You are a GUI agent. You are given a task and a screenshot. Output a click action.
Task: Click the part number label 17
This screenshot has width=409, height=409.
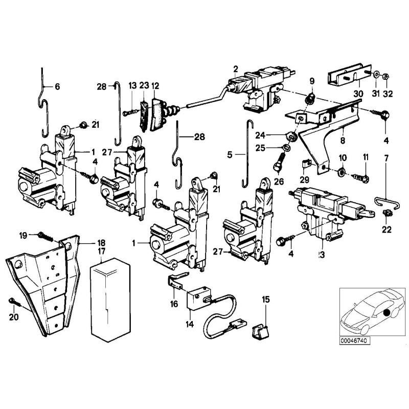tap(102, 251)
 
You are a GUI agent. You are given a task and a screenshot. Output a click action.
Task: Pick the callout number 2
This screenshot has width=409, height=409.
tap(235, 69)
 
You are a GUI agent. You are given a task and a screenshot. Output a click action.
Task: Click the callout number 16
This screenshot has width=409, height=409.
tap(175, 304)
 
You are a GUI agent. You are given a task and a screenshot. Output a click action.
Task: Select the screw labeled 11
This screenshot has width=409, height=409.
tap(361, 177)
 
